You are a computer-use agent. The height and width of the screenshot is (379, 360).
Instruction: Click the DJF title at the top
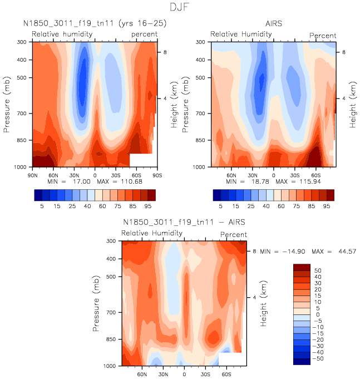tap(180, 8)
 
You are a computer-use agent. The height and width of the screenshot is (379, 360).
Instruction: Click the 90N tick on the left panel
tap(32, 174)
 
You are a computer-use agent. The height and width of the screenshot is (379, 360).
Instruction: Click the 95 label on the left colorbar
tap(147, 205)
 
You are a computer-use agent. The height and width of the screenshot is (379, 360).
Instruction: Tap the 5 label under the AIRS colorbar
tap(220, 205)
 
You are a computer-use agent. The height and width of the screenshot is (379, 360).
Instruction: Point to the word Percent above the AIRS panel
tap(323, 36)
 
